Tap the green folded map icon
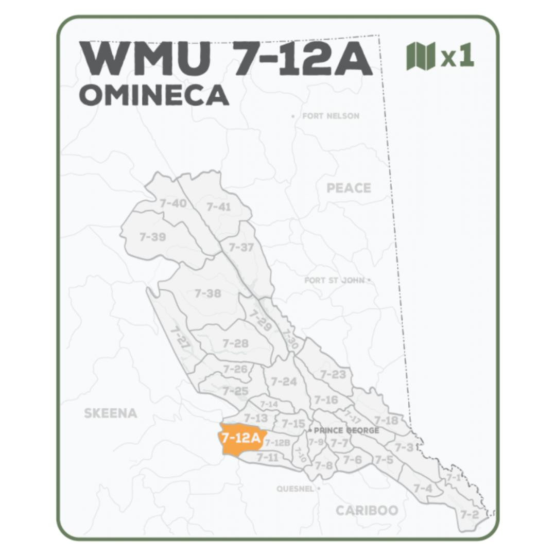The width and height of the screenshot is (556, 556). pos(421,56)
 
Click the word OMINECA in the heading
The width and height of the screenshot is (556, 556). pos(154,95)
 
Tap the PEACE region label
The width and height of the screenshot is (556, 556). pos(349,188)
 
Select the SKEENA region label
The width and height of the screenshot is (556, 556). pos(111,413)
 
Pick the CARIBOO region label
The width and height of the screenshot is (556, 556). pos(367,510)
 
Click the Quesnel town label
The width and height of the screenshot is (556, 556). pos(295,489)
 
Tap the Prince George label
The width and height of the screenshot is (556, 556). pos(346,430)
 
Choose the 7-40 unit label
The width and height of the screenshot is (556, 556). pos(173,203)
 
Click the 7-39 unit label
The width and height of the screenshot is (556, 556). pos(152,237)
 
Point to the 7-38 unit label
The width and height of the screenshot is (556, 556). pos(208,293)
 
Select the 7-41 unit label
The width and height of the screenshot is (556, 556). pos(219,207)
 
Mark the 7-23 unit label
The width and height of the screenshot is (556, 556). pos(333,374)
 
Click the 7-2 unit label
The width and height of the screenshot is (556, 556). pos(469,514)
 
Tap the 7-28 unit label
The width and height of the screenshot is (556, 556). pos(235,343)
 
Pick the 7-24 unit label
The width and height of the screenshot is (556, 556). pos(284,381)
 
